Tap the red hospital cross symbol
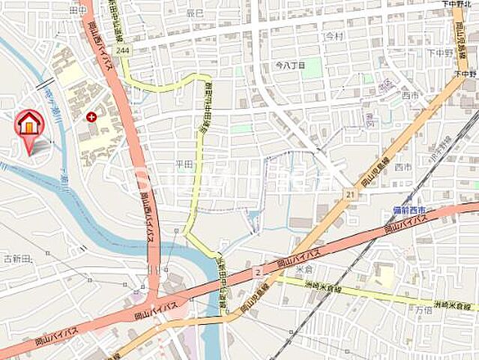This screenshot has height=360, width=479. click(91, 117)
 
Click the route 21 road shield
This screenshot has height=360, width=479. click(349, 194)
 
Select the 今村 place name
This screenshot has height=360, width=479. click(334, 35)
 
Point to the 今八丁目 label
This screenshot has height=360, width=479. click(289, 66)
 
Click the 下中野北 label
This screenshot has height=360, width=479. click(458, 4)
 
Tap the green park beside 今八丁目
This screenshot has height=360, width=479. click(312, 68)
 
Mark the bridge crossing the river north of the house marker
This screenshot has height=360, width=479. click(44, 84)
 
